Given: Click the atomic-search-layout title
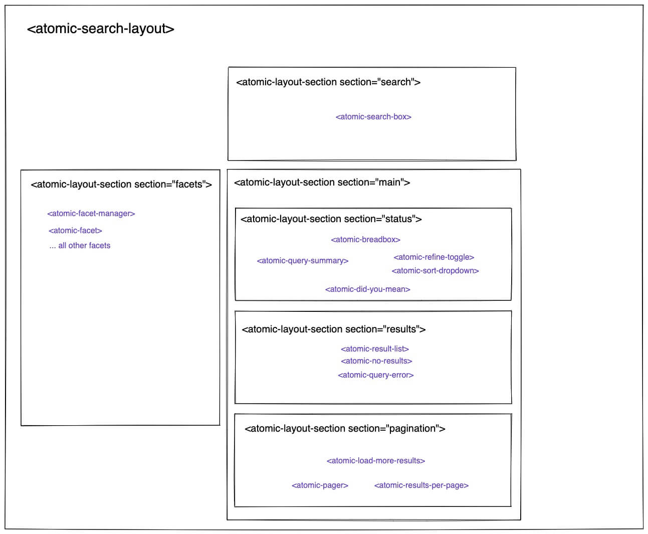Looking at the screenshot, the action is pyautogui.click(x=101, y=29).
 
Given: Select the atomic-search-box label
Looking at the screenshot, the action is pyautogui.click(x=373, y=117).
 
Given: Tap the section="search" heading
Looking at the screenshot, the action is pyautogui.click(x=328, y=82).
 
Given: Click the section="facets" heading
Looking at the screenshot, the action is pyautogui.click(x=121, y=184).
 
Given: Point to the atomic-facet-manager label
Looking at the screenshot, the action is pyautogui.click(x=91, y=214).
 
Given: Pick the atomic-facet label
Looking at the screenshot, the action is pyautogui.click(x=75, y=230).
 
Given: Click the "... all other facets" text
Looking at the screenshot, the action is pyautogui.click(x=80, y=245).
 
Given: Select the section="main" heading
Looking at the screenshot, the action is pyautogui.click(x=322, y=182).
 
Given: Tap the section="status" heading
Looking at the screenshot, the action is pyautogui.click(x=331, y=219).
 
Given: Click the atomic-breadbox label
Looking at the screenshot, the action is pyautogui.click(x=365, y=239).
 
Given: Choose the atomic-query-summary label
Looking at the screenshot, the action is pyautogui.click(x=303, y=260).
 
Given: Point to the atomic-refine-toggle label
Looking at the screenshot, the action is pyautogui.click(x=434, y=257).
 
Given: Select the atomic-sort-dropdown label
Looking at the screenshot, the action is pyautogui.click(x=435, y=271).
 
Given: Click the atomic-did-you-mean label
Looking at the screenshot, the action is pyautogui.click(x=367, y=289).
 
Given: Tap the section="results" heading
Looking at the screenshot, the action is pyautogui.click(x=333, y=329).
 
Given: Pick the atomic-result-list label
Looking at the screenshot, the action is pyautogui.click(x=374, y=348).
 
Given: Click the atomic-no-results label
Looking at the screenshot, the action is pyautogui.click(x=376, y=361).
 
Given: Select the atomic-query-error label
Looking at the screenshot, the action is pyautogui.click(x=375, y=375).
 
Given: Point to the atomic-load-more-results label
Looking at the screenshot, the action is pyautogui.click(x=375, y=460).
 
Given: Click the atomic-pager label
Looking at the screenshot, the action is pyautogui.click(x=320, y=485).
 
